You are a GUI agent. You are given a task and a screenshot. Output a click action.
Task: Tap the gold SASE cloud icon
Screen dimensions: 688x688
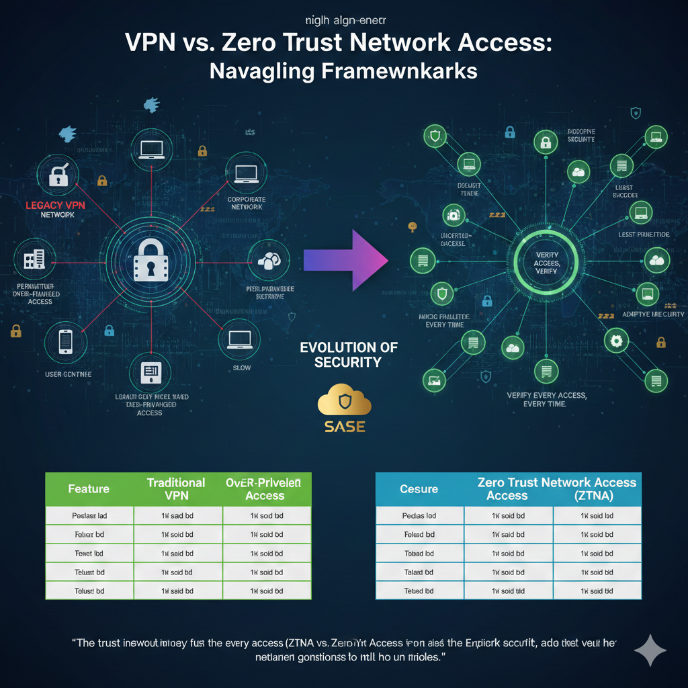pyautogui.click(x=343, y=402)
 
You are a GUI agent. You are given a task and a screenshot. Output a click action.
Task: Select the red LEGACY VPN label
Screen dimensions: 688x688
pyautogui.click(x=55, y=205)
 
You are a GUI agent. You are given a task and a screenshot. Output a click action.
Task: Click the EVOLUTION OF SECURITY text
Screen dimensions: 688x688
pyautogui.click(x=349, y=355)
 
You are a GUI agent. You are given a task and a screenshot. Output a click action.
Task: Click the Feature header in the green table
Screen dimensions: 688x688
pyautogui.click(x=89, y=488)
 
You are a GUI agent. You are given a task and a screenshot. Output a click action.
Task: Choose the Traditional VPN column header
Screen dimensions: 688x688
pyautogui.click(x=176, y=488)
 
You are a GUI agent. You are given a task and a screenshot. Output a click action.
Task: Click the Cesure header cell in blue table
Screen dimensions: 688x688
pyautogui.click(x=419, y=488)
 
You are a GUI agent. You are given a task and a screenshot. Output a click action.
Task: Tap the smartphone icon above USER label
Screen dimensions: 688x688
pyautogui.click(x=66, y=341)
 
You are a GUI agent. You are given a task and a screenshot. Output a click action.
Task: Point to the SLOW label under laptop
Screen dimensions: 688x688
pyautogui.click(x=241, y=368)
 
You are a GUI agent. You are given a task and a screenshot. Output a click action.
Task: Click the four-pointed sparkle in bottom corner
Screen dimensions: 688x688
pyautogui.click(x=650, y=650)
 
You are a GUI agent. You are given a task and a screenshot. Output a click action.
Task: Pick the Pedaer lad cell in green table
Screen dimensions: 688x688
pyautogui.click(x=89, y=515)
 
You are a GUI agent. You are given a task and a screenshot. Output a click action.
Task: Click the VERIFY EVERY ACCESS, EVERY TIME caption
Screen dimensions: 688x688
pyautogui.click(x=546, y=400)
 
